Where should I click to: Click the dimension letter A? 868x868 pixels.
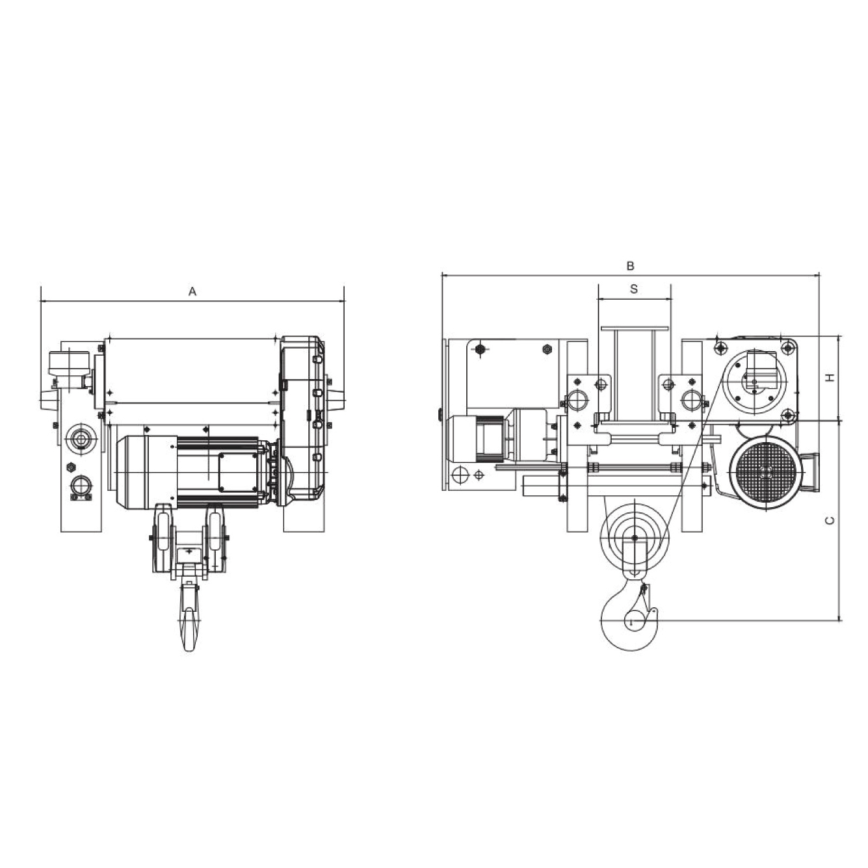192,292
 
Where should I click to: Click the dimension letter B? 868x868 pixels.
630,266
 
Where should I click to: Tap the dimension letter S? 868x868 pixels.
634,289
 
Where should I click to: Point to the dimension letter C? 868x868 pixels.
830,521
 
